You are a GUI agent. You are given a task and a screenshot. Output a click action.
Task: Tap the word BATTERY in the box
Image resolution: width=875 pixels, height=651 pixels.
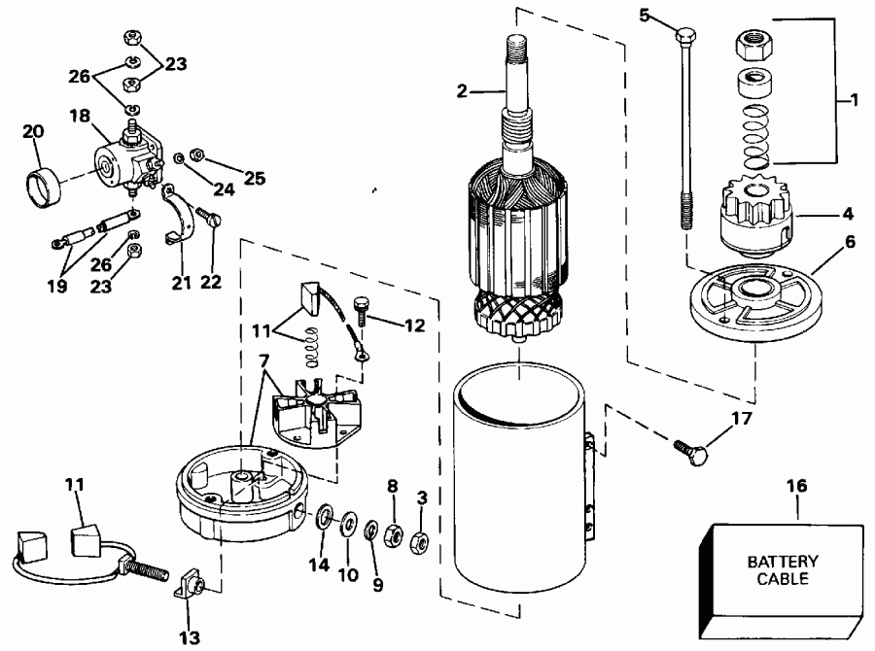[783, 562]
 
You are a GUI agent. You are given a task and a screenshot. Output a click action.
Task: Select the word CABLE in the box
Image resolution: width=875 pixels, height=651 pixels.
[783, 580]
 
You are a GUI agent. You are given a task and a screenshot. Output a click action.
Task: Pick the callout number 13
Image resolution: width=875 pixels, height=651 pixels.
[191, 637]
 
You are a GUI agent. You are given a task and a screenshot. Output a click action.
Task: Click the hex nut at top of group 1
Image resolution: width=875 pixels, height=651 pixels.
[753, 45]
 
